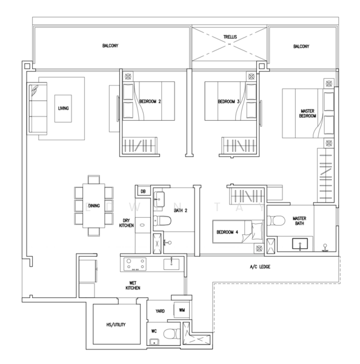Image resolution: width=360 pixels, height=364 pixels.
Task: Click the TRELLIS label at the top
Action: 230,37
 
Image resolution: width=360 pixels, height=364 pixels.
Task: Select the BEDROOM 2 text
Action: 150,101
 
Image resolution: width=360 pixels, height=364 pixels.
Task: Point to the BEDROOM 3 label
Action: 229,101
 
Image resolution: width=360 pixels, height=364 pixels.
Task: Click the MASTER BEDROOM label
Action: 308,113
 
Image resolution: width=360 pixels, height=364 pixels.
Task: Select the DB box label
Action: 143,192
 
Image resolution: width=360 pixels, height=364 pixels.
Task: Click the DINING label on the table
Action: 93,206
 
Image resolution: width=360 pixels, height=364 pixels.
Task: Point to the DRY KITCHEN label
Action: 127,223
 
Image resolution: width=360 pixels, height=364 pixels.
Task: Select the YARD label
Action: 159,311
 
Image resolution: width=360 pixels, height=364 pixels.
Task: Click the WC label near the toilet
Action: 154,331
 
